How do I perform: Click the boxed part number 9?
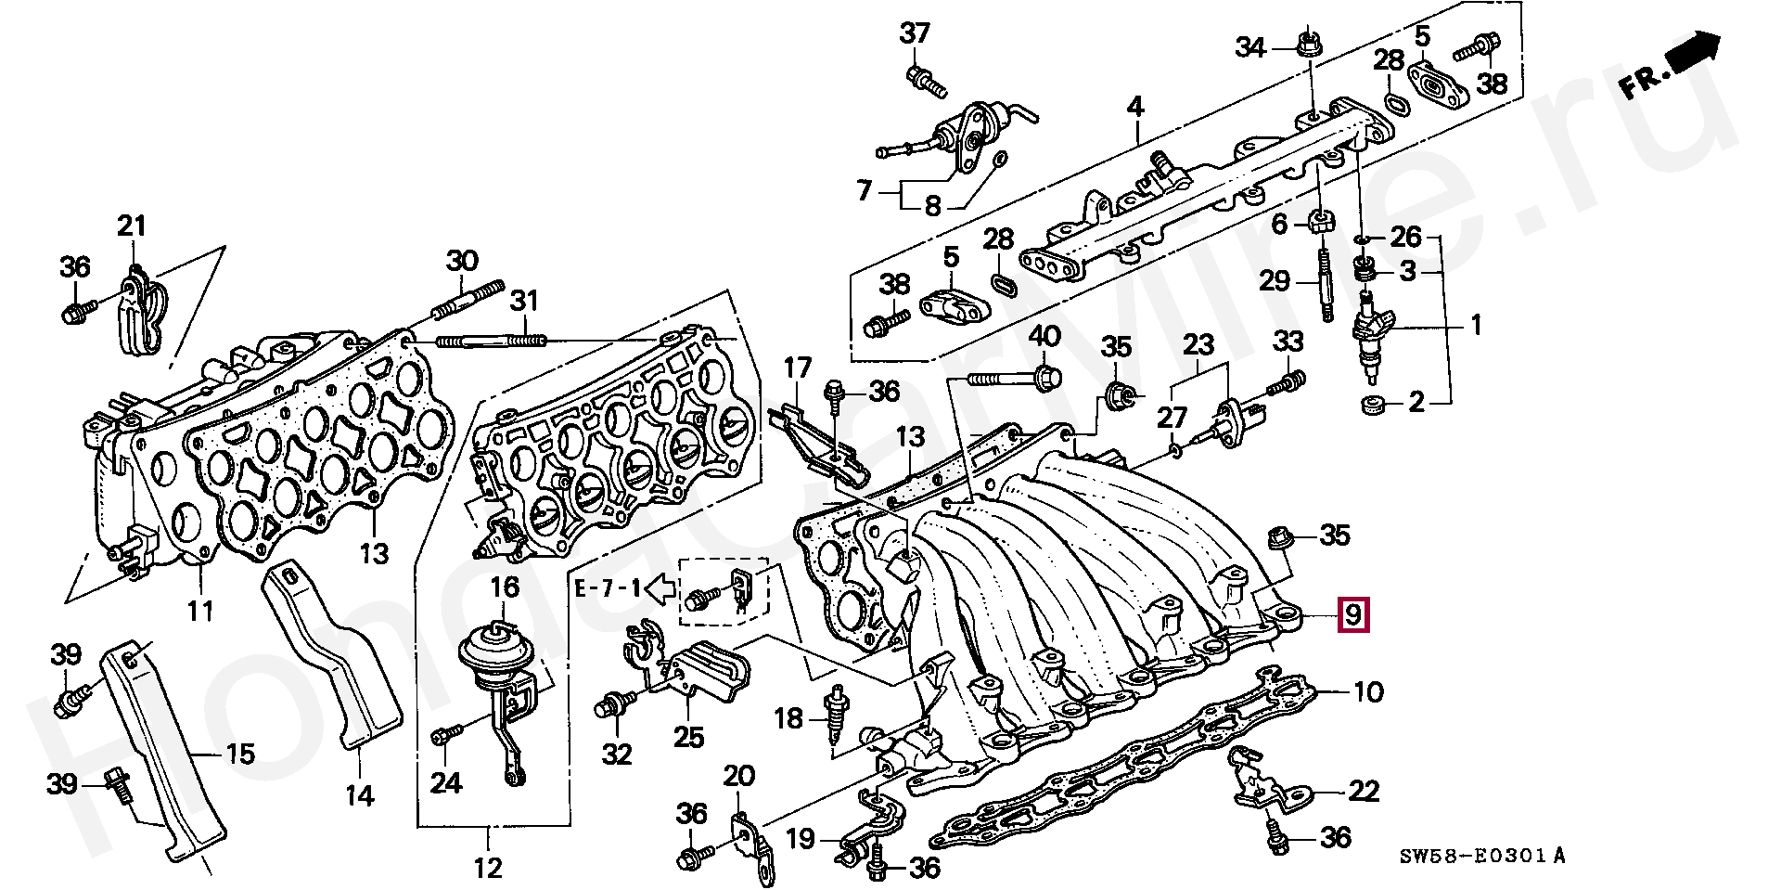click(x=1353, y=614)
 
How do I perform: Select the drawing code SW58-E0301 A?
click(x=1481, y=856)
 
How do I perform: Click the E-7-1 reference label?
click(x=607, y=587)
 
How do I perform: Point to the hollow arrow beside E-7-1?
click(x=660, y=587)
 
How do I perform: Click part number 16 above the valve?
click(x=505, y=587)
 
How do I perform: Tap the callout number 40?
click(x=1044, y=336)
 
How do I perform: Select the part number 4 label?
click(x=1135, y=107)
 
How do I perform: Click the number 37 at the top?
click(x=915, y=34)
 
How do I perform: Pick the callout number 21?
click(x=132, y=226)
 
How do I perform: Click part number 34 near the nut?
click(x=1250, y=46)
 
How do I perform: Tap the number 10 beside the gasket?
click(x=1368, y=692)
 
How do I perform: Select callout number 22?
click(x=1364, y=792)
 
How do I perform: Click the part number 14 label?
click(x=360, y=795)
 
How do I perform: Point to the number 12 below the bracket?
click(x=488, y=868)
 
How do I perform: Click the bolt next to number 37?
click(x=925, y=83)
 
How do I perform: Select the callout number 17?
click(x=798, y=368)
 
